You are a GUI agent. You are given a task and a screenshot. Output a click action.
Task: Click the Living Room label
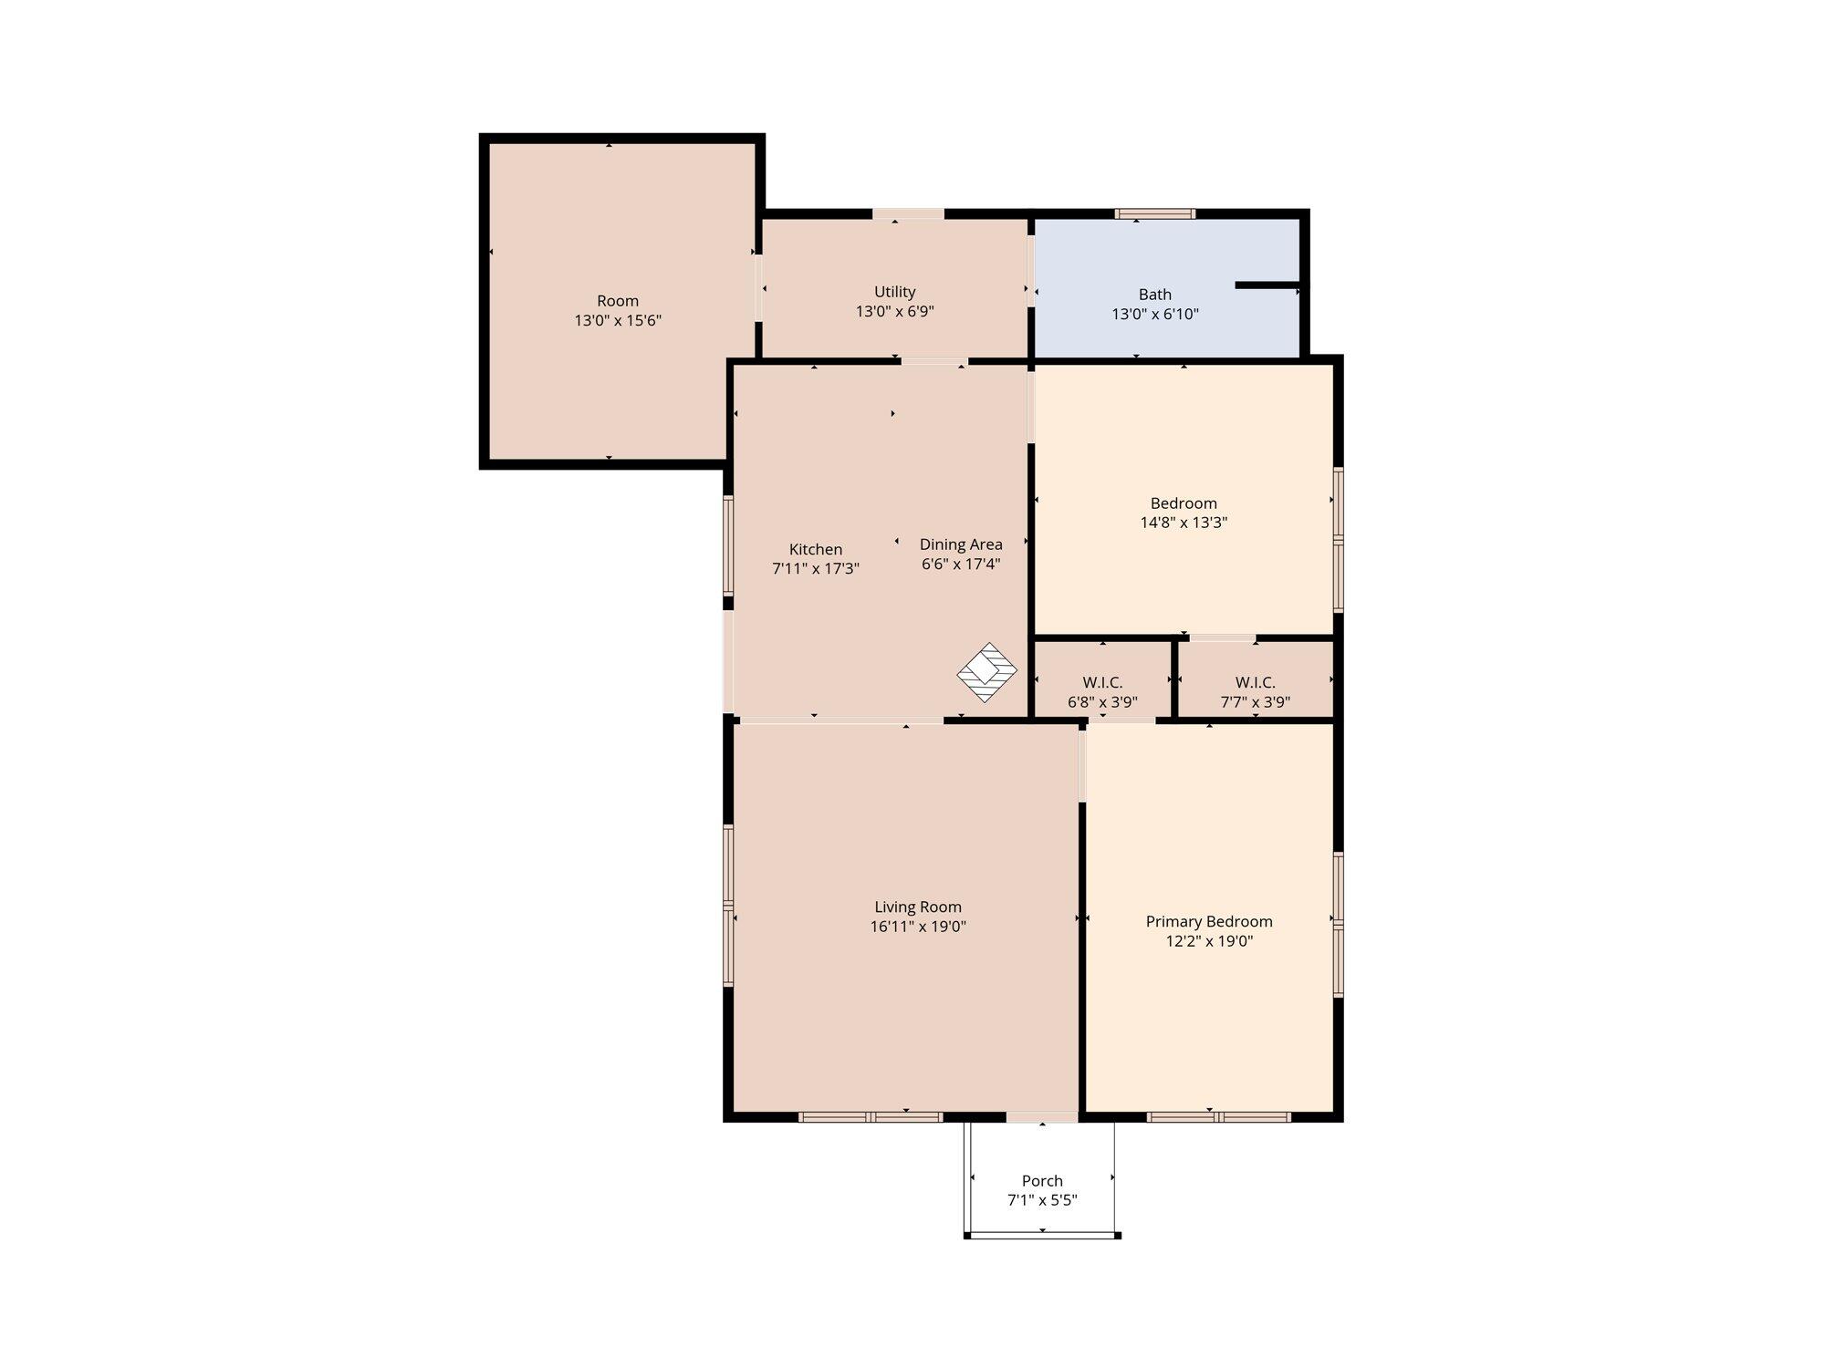point(918,907)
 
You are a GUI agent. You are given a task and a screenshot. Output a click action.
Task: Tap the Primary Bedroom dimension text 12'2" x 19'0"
point(1209,941)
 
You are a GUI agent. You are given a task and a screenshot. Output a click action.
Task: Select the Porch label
point(1042,1180)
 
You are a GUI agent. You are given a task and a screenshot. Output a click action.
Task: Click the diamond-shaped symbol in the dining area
point(986,672)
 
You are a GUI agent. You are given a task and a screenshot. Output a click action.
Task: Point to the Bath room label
point(1154,295)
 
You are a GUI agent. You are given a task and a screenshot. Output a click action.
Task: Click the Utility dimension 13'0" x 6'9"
point(894,311)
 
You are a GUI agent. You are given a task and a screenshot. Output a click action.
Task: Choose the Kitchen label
point(816,549)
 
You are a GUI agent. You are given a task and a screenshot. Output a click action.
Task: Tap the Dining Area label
point(961,544)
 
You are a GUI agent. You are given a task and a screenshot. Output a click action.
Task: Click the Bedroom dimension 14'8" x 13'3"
point(1184,523)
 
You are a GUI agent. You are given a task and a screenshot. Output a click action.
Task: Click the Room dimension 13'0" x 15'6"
point(618,320)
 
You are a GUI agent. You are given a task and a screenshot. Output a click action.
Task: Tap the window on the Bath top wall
point(1154,213)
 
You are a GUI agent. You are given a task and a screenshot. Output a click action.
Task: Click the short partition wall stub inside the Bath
point(1268,285)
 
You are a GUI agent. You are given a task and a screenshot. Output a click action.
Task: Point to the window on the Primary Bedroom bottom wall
point(1218,1116)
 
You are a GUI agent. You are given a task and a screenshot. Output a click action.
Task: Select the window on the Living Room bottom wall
point(871,1116)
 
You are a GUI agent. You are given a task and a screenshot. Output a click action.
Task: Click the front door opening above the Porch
point(1042,1116)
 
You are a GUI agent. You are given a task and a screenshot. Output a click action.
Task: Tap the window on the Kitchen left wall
point(728,545)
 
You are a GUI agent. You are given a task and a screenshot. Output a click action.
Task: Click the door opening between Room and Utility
point(758,287)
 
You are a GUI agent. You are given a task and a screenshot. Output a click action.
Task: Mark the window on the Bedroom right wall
point(1339,539)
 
